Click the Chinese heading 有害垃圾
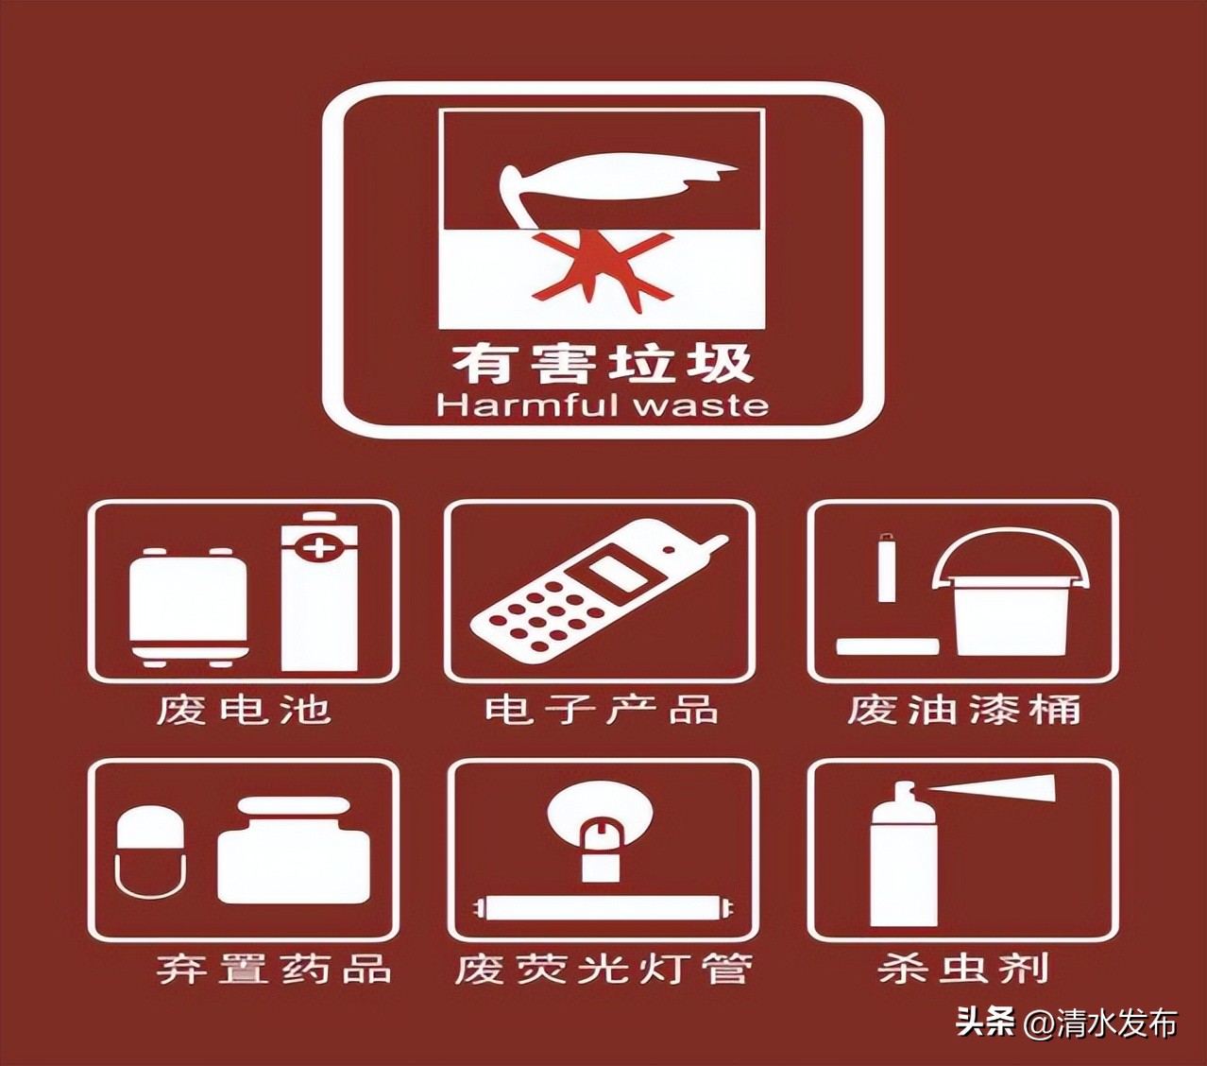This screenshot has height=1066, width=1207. (x=602, y=363)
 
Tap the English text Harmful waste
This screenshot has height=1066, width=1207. (x=602, y=405)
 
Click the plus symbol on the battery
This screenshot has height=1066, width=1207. (x=320, y=547)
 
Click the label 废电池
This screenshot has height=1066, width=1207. (x=244, y=709)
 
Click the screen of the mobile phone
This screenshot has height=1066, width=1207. (x=613, y=576)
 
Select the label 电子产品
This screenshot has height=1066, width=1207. (x=602, y=709)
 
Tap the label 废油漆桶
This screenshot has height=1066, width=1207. (x=963, y=709)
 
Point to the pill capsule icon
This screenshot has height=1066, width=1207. (x=150, y=851)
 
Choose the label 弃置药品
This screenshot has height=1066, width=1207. (x=274, y=969)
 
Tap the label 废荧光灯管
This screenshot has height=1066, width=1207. (x=603, y=969)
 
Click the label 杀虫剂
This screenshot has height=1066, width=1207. (x=963, y=969)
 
